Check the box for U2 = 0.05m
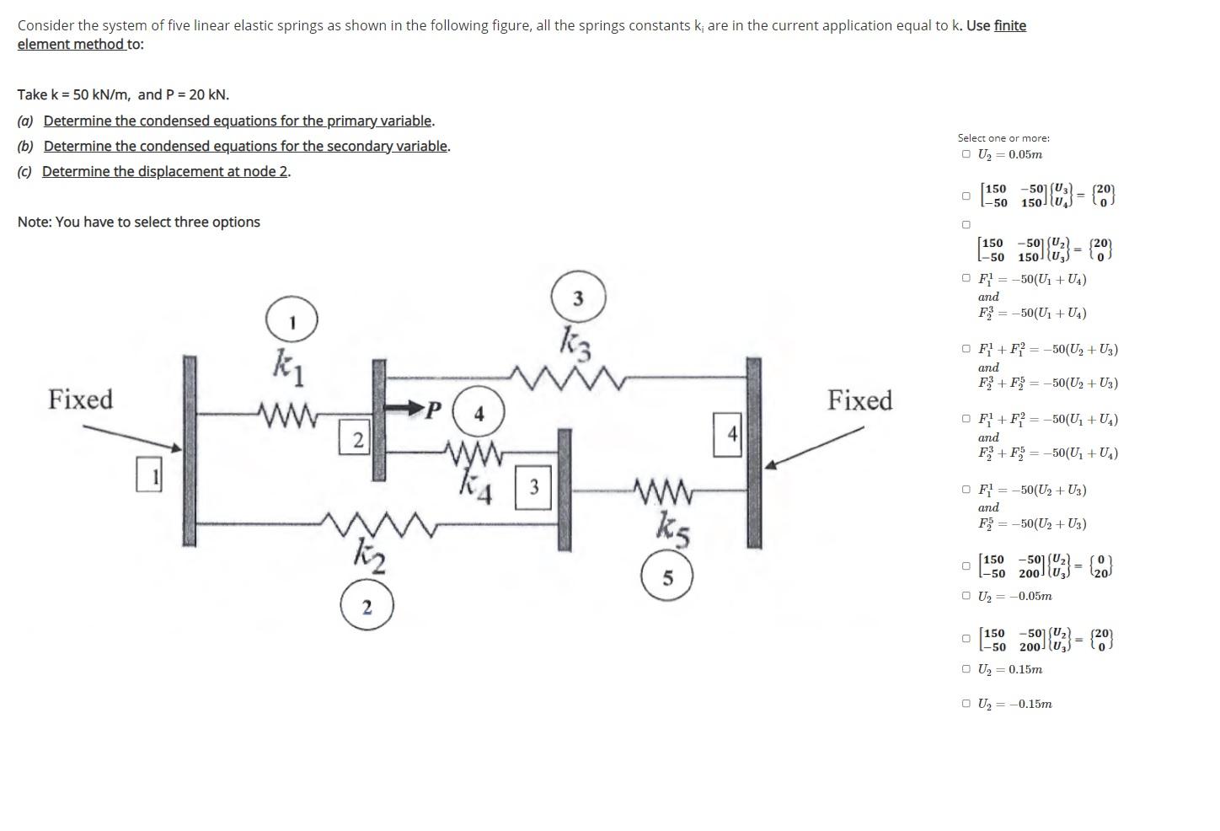[966, 154]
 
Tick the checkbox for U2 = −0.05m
[966, 596]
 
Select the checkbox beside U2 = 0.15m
[966, 669]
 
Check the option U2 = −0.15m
[966, 704]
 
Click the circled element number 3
[578, 298]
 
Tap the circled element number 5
[667, 578]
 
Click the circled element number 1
[292, 321]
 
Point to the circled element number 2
[367, 607]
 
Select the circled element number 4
[479, 413]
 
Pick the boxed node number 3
[533, 487]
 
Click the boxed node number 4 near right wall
[730, 434]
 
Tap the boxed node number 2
[357, 439]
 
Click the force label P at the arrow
[433, 410]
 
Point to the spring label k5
[673, 528]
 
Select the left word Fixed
[80, 399]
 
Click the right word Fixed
[859, 399]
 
